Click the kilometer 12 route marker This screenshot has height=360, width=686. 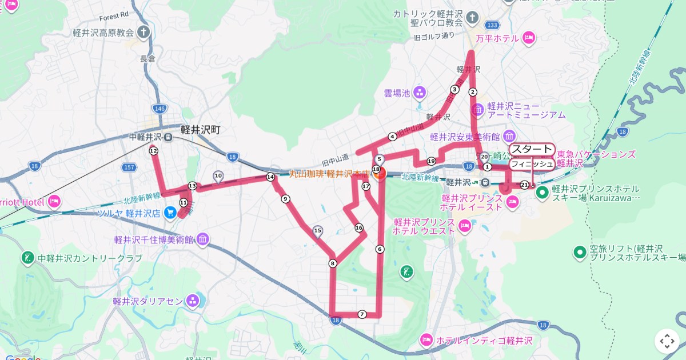[x=153, y=151]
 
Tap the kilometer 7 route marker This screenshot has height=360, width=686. [x=362, y=314]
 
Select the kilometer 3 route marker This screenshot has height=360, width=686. [x=454, y=89]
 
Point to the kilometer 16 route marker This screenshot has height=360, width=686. [x=359, y=227]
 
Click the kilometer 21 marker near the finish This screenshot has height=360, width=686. [x=525, y=185]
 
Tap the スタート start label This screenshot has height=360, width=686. [x=532, y=150]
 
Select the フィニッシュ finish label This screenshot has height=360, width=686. [x=532, y=164]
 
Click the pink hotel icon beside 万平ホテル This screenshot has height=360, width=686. [x=529, y=38]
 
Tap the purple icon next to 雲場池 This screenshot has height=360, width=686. [x=420, y=92]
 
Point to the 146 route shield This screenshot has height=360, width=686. [x=159, y=108]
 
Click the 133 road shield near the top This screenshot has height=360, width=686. [x=490, y=25]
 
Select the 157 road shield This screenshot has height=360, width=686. [x=129, y=167]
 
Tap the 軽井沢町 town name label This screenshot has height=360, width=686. [x=200, y=130]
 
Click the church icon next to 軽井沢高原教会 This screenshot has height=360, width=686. [x=144, y=33]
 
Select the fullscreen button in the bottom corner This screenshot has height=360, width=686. [x=667, y=341]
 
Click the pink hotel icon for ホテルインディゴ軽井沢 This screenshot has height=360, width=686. [x=426, y=341]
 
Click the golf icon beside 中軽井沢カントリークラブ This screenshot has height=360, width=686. [x=27, y=258]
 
